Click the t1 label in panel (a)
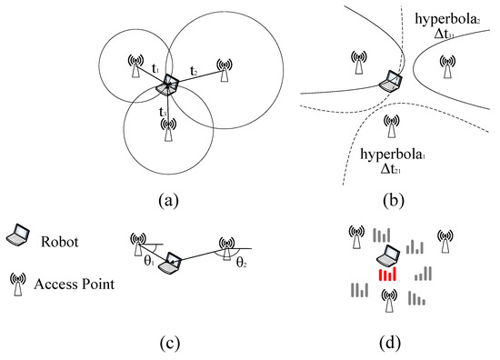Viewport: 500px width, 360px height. (156, 69)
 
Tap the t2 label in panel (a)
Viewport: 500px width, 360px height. (195, 70)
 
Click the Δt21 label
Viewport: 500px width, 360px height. (397, 173)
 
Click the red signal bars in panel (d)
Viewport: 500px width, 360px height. (388, 275)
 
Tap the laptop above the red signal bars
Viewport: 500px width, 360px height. (388, 255)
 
